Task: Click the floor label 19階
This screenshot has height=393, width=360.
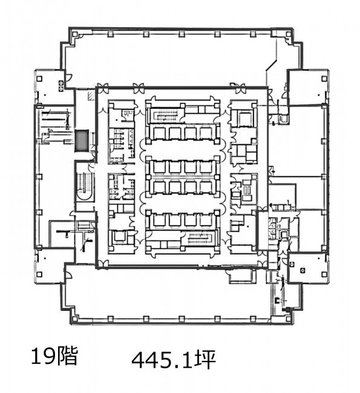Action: point(54,356)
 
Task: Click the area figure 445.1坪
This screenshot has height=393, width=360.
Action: point(174,360)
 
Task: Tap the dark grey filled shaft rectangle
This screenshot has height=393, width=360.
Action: point(82,140)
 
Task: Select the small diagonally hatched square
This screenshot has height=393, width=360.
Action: point(91,96)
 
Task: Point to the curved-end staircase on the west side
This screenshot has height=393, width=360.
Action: point(85,186)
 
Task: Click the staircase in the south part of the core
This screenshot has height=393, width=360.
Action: point(200,238)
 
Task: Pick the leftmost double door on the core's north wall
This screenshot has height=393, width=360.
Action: point(103,88)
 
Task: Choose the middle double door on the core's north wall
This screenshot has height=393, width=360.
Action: point(139,88)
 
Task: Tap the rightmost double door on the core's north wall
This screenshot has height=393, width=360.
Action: point(237,88)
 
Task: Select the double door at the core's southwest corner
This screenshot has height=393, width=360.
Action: point(103,263)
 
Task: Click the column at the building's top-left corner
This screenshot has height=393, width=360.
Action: point(74,33)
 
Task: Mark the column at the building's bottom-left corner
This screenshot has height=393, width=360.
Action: point(74,319)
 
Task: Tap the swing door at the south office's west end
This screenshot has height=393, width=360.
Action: point(68,276)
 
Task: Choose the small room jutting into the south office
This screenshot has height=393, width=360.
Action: point(243,276)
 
